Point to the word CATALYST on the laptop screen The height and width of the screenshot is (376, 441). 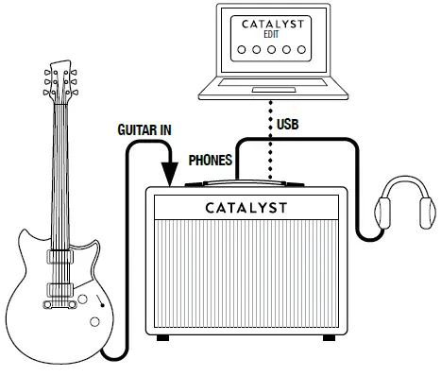[x=272, y=25]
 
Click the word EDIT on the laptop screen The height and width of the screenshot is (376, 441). [x=272, y=37]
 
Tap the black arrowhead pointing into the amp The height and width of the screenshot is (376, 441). [x=170, y=173]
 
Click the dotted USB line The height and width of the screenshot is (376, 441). [x=272, y=142]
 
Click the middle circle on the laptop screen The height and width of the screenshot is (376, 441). [x=272, y=54]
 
